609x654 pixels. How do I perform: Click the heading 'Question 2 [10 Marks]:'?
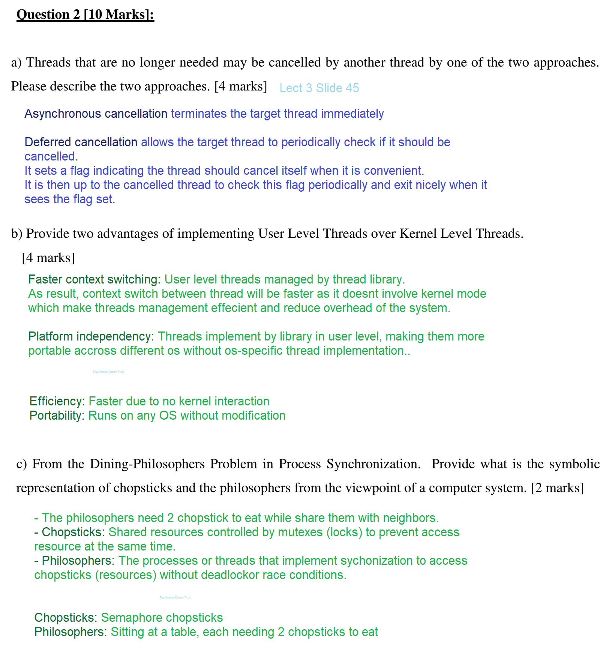pyautogui.click(x=85, y=15)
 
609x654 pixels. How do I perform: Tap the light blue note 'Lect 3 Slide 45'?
pyautogui.click(x=319, y=88)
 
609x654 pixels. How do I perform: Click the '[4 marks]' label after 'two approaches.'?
pyautogui.click(x=240, y=86)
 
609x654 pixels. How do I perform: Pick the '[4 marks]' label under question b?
pyautogui.click(x=48, y=258)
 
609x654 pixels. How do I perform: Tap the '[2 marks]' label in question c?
pyautogui.click(x=557, y=488)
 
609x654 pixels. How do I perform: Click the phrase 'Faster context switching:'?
pyautogui.click(x=94, y=279)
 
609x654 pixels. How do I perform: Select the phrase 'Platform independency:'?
pyautogui.click(x=91, y=336)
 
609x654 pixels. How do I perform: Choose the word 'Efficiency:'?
pyautogui.click(x=57, y=401)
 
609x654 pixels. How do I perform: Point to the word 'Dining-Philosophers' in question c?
pyautogui.click(x=147, y=464)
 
